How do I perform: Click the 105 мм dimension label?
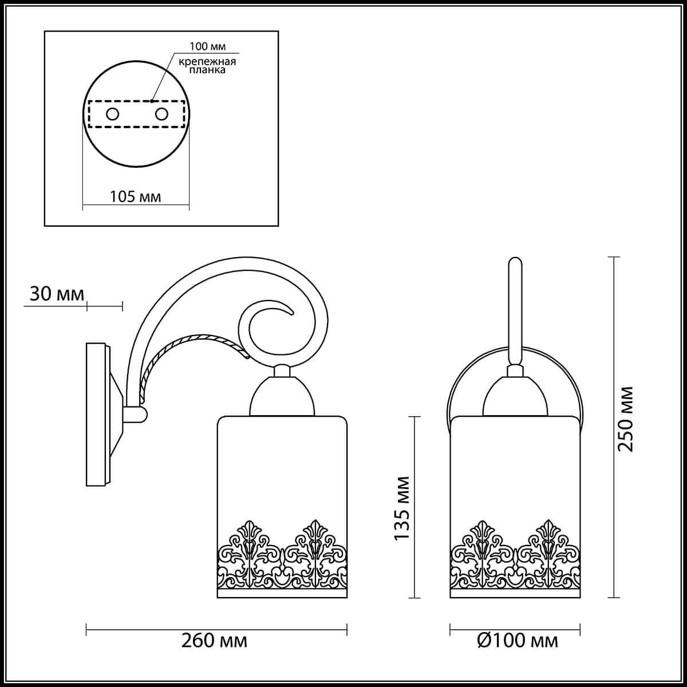tap(135, 197)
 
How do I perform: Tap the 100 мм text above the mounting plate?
tap(207, 45)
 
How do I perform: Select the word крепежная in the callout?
tap(207, 61)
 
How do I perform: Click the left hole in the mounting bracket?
tap(112, 113)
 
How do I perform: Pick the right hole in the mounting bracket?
tap(161, 113)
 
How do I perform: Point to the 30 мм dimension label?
tap(56, 294)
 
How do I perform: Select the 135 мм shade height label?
tap(403, 508)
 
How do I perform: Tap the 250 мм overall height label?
tap(627, 419)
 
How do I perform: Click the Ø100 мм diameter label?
tap(517, 640)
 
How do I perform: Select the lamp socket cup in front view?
tap(514, 396)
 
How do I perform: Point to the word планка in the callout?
tap(207, 72)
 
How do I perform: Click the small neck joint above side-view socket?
tap(282, 371)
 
